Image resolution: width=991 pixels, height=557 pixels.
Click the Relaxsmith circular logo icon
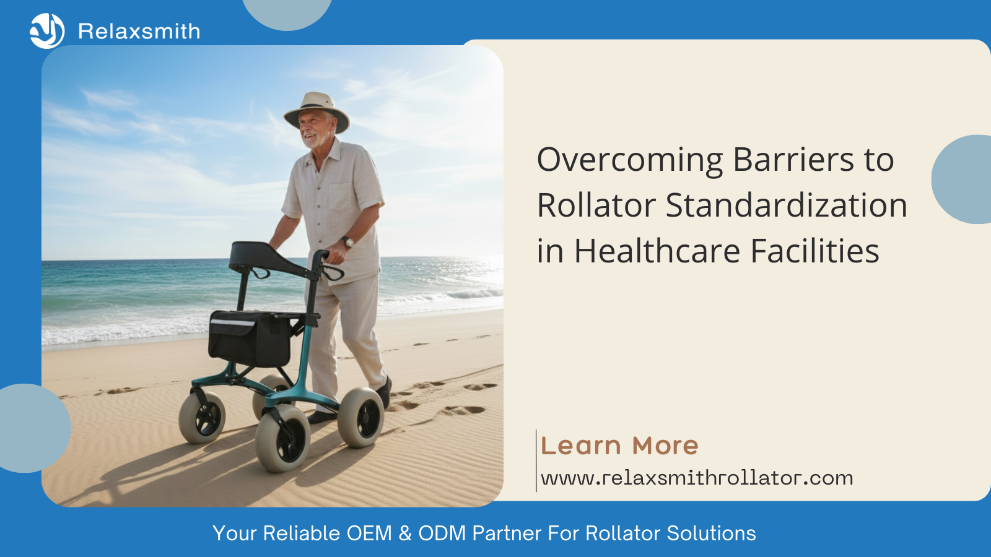[x=47, y=31]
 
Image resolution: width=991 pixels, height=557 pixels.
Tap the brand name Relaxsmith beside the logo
[x=139, y=32]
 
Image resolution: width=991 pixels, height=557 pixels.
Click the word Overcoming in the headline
[x=629, y=160]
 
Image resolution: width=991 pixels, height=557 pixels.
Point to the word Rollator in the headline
[x=596, y=205]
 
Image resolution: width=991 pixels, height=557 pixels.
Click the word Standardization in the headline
[x=787, y=205]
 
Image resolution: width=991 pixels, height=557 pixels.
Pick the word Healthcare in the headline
[x=657, y=251]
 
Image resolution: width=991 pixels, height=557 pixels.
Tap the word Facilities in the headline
[x=815, y=251]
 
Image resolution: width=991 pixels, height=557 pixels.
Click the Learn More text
[x=619, y=445]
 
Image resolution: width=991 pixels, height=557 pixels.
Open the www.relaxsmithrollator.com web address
[x=697, y=478]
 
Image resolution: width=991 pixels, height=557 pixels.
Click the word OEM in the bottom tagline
[x=369, y=533]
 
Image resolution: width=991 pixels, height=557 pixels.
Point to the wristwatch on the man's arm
[x=348, y=241]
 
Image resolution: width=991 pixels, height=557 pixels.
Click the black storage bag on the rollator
[x=249, y=338]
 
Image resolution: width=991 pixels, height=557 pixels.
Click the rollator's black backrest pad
[x=269, y=260]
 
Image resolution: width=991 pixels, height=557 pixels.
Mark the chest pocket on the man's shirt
[x=341, y=197]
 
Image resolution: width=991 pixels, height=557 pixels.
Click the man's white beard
[x=315, y=140]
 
